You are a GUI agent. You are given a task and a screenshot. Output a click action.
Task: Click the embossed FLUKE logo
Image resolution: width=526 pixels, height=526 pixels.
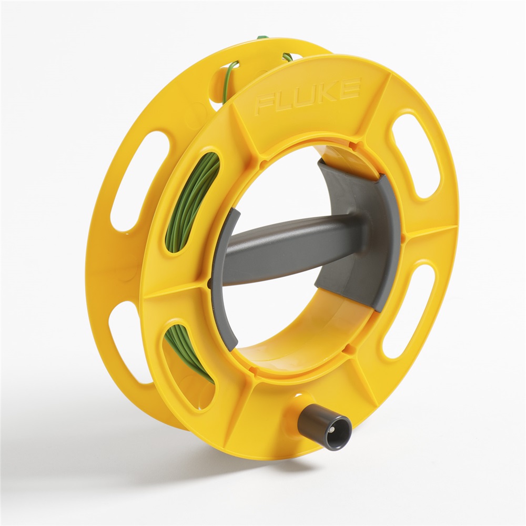[x=308, y=96]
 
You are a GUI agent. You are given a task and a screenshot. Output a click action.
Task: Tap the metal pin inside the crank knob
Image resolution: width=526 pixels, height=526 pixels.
[x=332, y=430]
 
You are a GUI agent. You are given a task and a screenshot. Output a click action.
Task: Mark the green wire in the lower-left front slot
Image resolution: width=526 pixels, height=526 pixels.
[x=187, y=350]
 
